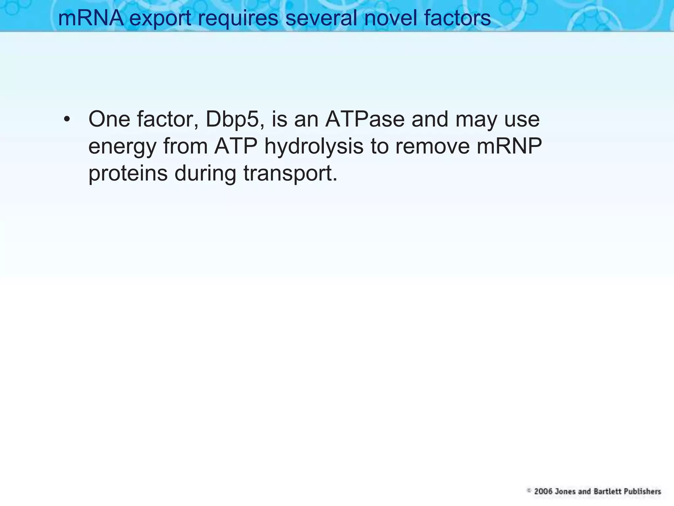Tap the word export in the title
(160, 18)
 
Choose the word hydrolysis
(314, 147)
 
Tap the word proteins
(128, 174)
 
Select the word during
(205, 174)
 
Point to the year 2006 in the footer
(543, 491)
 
